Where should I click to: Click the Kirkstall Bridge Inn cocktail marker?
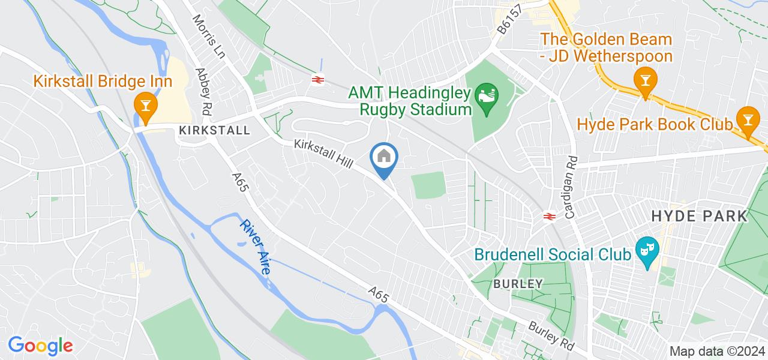[145, 104]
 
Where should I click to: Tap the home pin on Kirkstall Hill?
[384, 158]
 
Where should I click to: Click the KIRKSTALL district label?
[214, 130]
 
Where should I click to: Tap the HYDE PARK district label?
[699, 216]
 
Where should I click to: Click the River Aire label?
[255, 247]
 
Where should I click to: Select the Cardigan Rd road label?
[570, 186]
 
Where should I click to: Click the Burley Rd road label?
[551, 337]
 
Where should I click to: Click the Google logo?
[40, 346]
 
